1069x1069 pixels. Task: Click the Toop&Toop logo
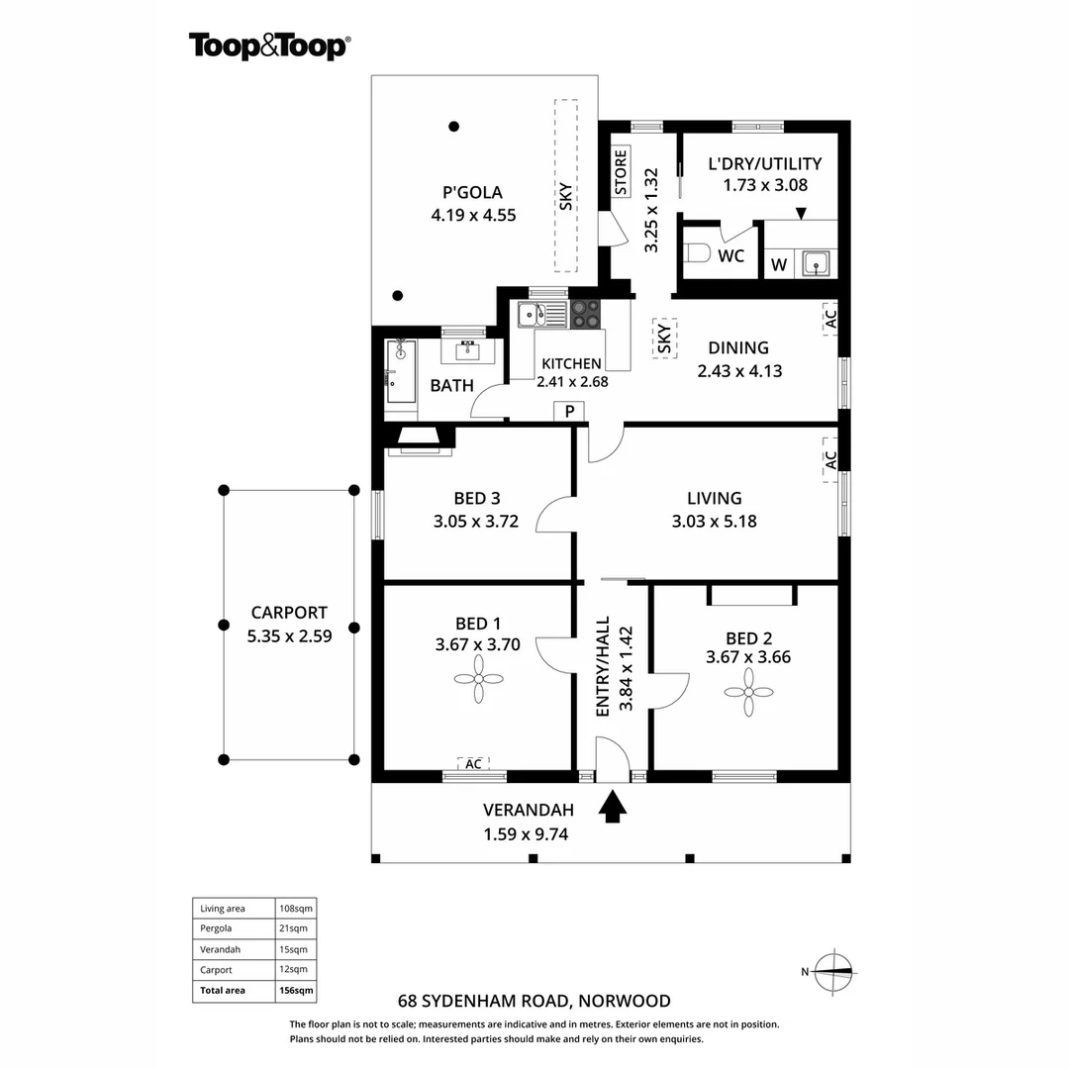[269, 47]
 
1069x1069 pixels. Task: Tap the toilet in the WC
[696, 253]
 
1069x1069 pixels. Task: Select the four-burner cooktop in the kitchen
[585, 315]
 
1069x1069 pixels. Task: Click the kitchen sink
[542, 315]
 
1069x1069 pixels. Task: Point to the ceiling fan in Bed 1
[479, 679]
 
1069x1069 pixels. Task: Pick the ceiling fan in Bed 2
[748, 692]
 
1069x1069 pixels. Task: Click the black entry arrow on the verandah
[613, 806]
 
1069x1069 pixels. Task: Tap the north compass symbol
[834, 972]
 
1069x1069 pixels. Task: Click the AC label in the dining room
[830, 319]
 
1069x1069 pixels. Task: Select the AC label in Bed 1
[473, 764]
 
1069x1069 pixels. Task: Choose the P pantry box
[569, 411]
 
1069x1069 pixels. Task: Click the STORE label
[621, 172]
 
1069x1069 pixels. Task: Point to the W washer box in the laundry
[779, 264]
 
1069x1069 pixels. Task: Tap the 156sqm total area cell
[296, 991]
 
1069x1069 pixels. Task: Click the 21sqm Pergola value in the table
[293, 927]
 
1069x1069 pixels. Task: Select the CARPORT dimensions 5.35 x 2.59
[289, 636]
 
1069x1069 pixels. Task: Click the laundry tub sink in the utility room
[816, 263]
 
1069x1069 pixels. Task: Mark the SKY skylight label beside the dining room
[664, 339]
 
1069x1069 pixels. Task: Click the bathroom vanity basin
[467, 351]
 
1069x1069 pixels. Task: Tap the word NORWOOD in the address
[625, 1001]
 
